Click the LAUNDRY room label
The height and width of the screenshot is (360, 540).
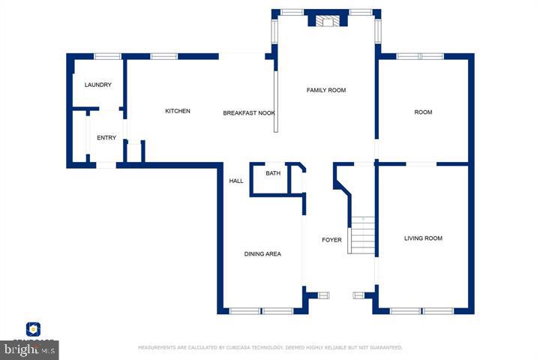(x=98, y=85)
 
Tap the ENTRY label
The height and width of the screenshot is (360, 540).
(x=106, y=137)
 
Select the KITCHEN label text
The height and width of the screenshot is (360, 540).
(x=178, y=111)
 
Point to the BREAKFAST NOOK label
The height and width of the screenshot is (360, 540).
(x=249, y=113)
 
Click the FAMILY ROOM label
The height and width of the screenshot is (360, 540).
(x=326, y=90)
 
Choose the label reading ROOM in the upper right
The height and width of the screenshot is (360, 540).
(x=423, y=112)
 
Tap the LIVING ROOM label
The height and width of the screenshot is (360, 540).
(x=423, y=238)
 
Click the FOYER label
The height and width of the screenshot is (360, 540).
(x=331, y=240)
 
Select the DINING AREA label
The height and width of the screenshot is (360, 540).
(x=262, y=254)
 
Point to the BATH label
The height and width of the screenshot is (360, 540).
(x=273, y=173)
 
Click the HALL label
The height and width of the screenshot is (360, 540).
(x=236, y=181)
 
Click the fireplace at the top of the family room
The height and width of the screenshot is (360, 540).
(x=326, y=20)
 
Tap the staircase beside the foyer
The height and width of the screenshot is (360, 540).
(x=362, y=235)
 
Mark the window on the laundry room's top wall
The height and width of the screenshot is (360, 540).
(x=107, y=56)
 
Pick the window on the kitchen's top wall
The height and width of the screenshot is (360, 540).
(x=163, y=56)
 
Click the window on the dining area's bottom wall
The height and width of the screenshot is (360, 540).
(x=261, y=310)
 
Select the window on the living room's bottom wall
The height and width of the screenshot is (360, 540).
(x=422, y=310)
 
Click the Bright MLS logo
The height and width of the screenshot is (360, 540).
(x=30, y=349)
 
